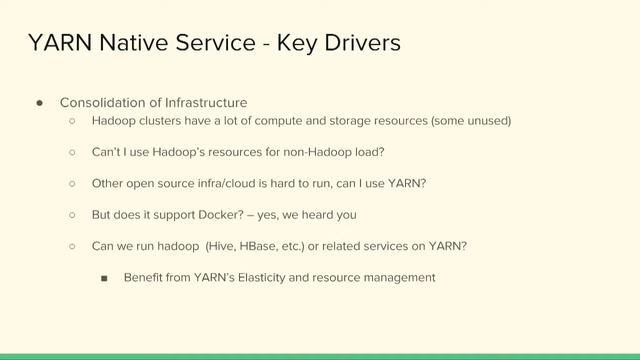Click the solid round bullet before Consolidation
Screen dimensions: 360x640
39,103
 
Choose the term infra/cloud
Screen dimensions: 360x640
223,184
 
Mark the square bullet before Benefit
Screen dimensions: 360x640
104,278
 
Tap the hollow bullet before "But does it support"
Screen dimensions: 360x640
72,215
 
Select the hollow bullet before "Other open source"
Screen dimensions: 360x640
72,184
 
